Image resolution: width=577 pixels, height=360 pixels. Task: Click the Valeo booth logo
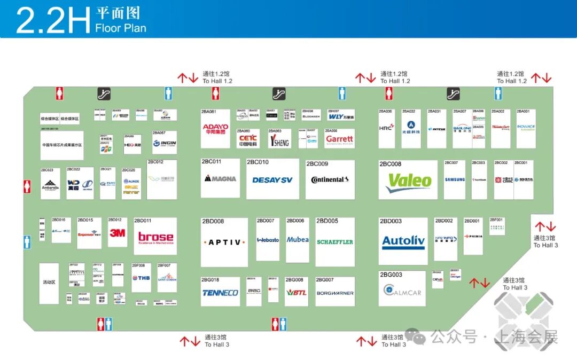tap(409, 182)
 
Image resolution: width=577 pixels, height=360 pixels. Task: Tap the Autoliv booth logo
tap(403, 242)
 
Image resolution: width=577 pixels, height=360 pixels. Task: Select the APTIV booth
tap(224, 242)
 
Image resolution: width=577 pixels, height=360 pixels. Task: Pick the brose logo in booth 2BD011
tap(155, 237)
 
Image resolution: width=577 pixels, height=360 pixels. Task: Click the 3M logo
tap(117, 233)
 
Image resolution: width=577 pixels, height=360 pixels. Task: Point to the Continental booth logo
tap(330, 180)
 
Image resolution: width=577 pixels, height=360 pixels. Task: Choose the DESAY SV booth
tap(272, 180)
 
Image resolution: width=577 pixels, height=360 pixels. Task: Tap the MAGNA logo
tap(220, 178)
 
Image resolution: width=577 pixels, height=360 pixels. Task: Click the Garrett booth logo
tap(339, 139)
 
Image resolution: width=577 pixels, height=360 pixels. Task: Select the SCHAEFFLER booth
tap(335, 242)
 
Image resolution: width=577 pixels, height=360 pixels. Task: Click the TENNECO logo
tap(220, 293)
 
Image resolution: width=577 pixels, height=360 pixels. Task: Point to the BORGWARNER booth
tap(335, 293)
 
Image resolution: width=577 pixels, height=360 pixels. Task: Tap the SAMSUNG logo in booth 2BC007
tap(455, 180)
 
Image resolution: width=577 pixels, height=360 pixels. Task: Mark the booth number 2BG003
tap(391, 275)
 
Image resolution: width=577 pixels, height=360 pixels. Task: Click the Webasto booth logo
tap(268, 240)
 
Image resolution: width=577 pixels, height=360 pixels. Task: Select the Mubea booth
tap(298, 240)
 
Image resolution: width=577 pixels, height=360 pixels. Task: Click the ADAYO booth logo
tap(215, 129)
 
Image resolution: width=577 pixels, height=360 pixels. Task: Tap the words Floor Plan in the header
tap(121, 28)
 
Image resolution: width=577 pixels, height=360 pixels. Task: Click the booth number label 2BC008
tap(391, 164)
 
